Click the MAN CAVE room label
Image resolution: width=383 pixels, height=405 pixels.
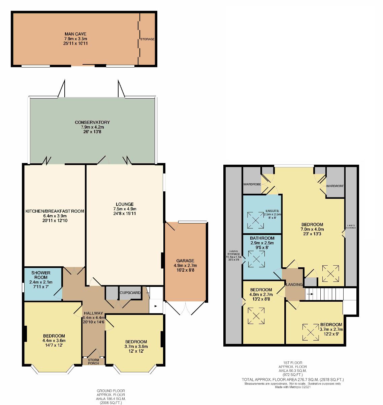[x=75, y=34]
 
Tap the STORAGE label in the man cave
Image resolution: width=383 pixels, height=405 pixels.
[x=147, y=39]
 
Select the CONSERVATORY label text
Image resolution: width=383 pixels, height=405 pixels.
[x=92, y=122]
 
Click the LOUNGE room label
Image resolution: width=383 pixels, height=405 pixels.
[x=125, y=204]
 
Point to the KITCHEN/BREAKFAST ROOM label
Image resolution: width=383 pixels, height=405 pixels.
[x=55, y=211]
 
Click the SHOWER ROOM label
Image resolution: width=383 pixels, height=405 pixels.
[x=41, y=275]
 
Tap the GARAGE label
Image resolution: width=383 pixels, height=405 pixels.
[x=185, y=261]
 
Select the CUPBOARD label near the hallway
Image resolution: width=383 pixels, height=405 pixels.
[x=130, y=293]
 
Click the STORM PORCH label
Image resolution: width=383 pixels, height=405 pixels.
[x=93, y=361]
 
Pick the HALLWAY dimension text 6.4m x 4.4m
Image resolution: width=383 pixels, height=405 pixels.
[x=94, y=318]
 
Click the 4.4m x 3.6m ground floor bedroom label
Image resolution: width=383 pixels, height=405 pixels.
[x=54, y=341]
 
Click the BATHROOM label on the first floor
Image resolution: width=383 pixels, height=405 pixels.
[x=262, y=238]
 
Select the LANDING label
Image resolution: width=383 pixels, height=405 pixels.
[x=294, y=285]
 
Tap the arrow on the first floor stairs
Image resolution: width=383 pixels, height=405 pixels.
[x=311, y=294]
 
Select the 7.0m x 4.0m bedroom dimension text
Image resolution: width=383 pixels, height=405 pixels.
[x=312, y=229]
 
